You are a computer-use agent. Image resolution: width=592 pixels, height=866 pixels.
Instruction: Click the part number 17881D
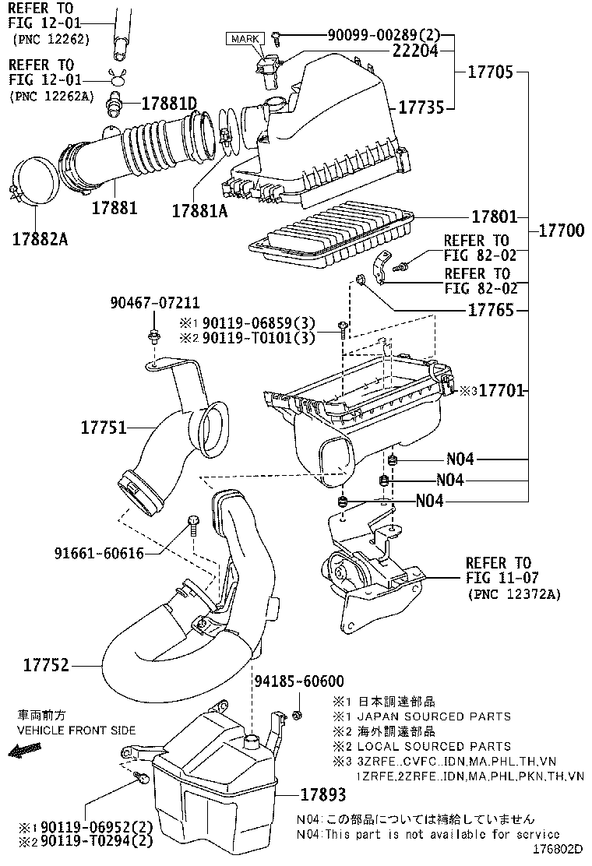pyautogui.click(x=169, y=103)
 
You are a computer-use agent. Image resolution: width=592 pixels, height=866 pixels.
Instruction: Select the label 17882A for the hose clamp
pyautogui.click(x=40, y=239)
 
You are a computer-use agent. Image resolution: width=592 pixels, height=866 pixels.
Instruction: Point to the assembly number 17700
pyautogui.click(x=561, y=231)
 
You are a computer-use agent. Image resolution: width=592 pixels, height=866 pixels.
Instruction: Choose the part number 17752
pyautogui.click(x=46, y=665)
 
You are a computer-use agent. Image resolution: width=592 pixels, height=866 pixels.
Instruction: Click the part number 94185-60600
pyautogui.click(x=299, y=682)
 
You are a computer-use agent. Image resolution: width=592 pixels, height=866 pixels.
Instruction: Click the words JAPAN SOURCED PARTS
pyautogui.click(x=433, y=716)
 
